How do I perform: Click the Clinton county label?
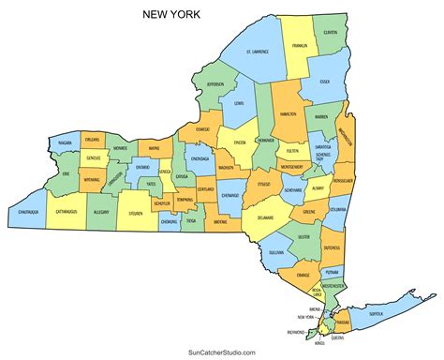click(x=329, y=33)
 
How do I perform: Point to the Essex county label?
click(x=325, y=82)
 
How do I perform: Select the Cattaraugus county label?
click(x=66, y=213)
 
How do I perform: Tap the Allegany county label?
click(x=103, y=214)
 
